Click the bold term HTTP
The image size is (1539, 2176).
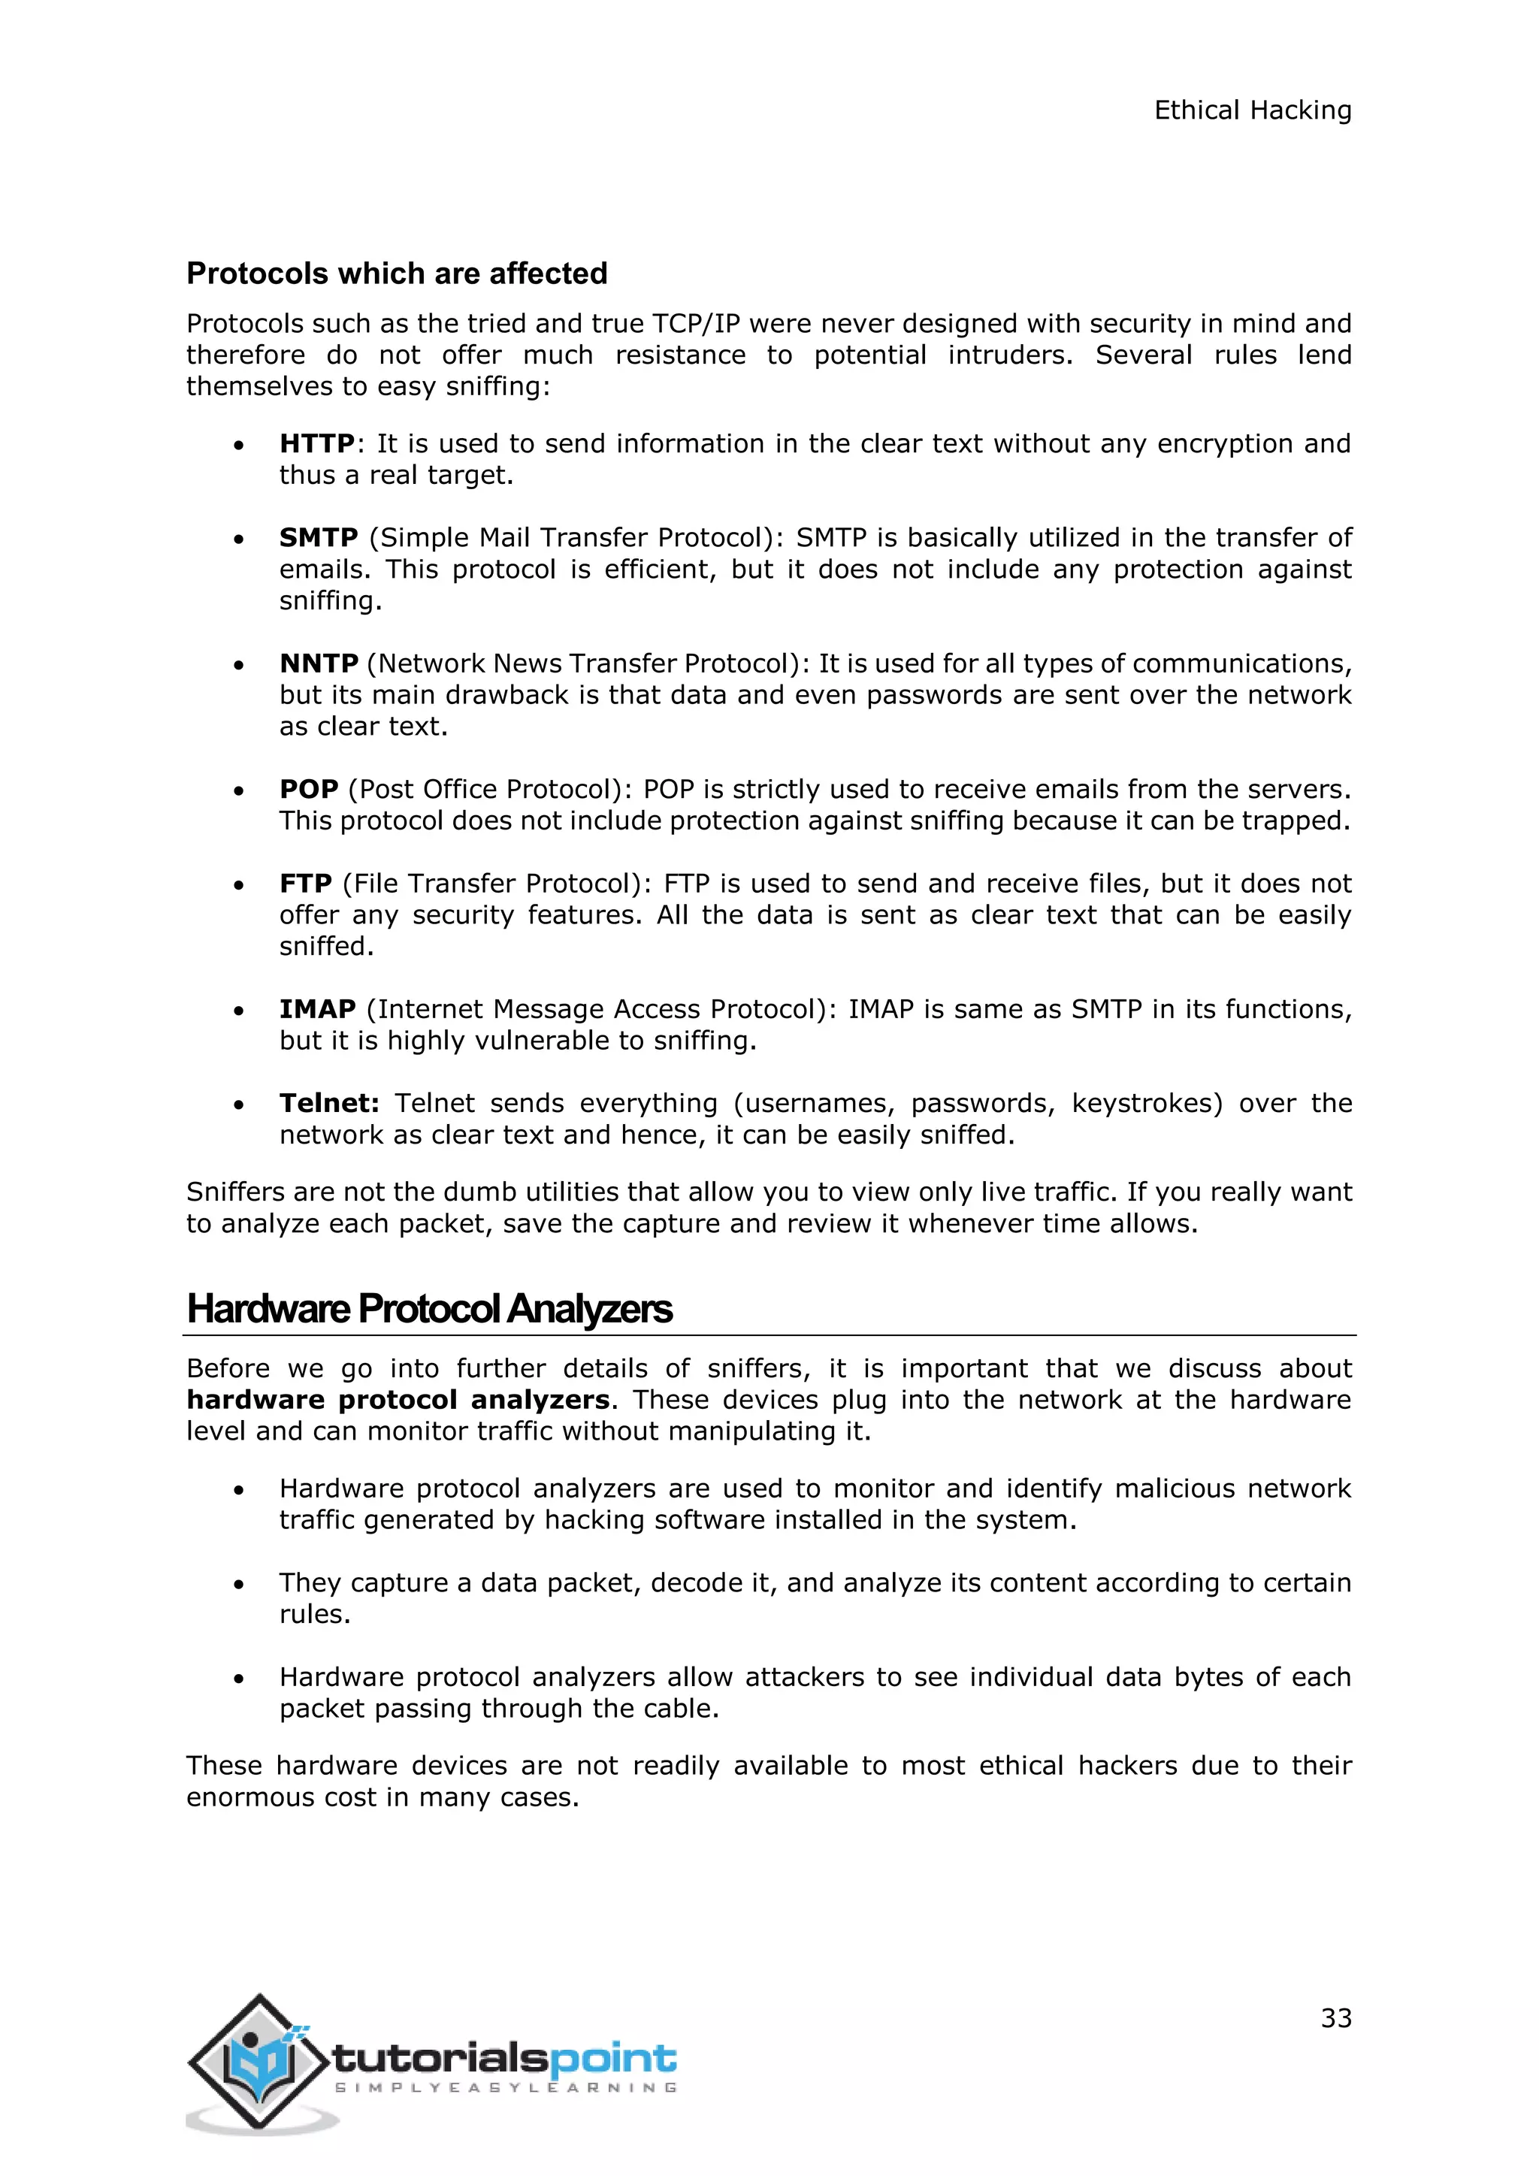point(316,443)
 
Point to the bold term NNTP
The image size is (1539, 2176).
point(319,663)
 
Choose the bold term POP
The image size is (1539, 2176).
point(309,790)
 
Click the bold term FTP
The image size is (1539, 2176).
point(305,884)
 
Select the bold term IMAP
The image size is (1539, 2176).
point(317,1009)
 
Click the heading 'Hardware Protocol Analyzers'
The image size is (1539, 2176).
point(429,1309)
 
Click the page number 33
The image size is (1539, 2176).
point(1336,2017)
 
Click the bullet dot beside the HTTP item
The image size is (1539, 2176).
point(240,446)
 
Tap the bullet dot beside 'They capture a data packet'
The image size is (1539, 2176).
point(240,1585)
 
